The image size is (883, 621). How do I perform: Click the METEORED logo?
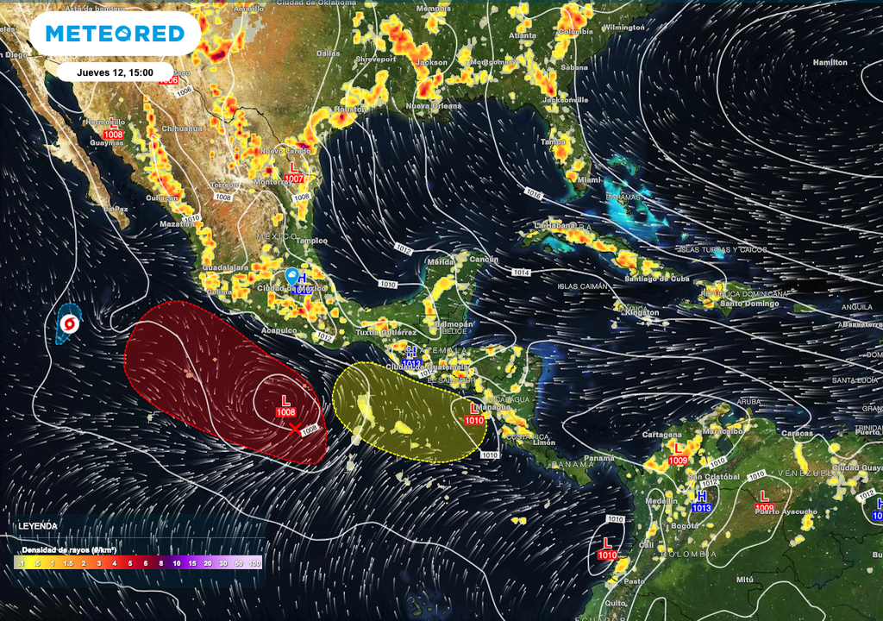click(115, 34)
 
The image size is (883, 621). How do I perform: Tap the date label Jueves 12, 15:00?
click(115, 72)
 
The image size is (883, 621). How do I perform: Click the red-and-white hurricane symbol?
click(70, 324)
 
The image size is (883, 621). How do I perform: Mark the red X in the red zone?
click(296, 428)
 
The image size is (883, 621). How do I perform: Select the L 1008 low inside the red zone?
click(286, 406)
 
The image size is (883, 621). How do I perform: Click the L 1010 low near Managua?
click(473, 414)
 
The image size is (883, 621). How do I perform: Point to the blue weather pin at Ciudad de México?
click(292, 276)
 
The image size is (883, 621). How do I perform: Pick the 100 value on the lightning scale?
click(254, 563)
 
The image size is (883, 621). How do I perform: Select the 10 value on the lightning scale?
click(177, 563)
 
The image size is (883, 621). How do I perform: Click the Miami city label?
click(590, 179)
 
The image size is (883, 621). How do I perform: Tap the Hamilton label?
click(830, 62)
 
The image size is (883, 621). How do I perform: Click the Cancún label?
click(485, 260)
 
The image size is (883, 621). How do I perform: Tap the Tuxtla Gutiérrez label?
click(386, 332)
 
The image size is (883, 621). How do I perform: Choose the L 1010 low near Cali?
click(607, 549)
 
